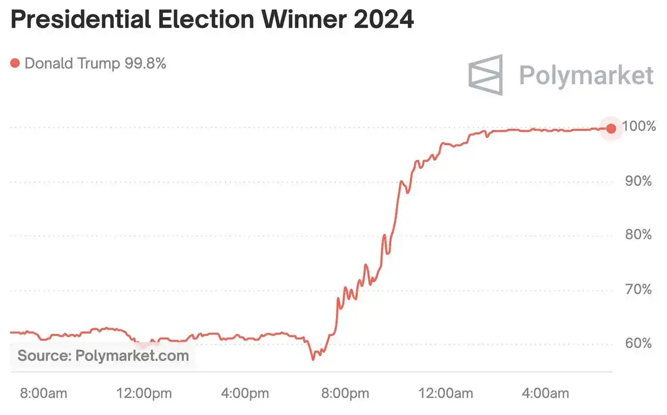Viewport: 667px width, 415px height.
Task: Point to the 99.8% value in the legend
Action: pyautogui.click(x=143, y=63)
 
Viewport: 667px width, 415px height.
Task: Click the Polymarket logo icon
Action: pyautogui.click(x=485, y=75)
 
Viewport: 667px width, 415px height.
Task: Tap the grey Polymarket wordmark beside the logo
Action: pyautogui.click(x=586, y=75)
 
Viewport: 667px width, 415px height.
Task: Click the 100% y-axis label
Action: pyautogui.click(x=638, y=126)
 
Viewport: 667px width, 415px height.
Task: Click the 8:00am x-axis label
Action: pyautogui.click(x=43, y=394)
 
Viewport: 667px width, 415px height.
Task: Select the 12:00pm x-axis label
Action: pyautogui.click(x=145, y=394)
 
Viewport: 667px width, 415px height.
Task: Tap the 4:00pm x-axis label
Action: pyautogui.click(x=245, y=394)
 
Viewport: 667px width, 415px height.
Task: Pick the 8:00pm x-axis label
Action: pyautogui.click(x=345, y=394)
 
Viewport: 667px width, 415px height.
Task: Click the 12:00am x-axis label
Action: pyautogui.click(x=446, y=394)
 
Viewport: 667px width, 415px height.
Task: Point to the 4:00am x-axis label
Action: pyautogui.click(x=546, y=394)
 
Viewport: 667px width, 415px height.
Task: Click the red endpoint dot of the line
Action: pyautogui.click(x=611, y=129)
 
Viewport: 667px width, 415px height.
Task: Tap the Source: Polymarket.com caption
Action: pyautogui.click(x=103, y=355)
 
